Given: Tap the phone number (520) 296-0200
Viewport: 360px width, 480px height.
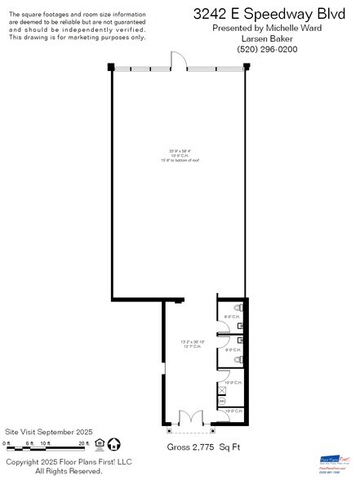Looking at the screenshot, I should coord(267,49).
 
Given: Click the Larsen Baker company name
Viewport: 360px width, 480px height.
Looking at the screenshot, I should coord(267,38).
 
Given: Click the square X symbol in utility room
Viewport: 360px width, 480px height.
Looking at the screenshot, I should coord(222,390).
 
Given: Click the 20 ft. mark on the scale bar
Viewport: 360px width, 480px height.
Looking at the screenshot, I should coord(82,443).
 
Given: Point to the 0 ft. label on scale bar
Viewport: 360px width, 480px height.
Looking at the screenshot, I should coord(7,443).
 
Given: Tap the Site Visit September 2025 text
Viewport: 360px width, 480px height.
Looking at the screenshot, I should coord(49,431).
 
